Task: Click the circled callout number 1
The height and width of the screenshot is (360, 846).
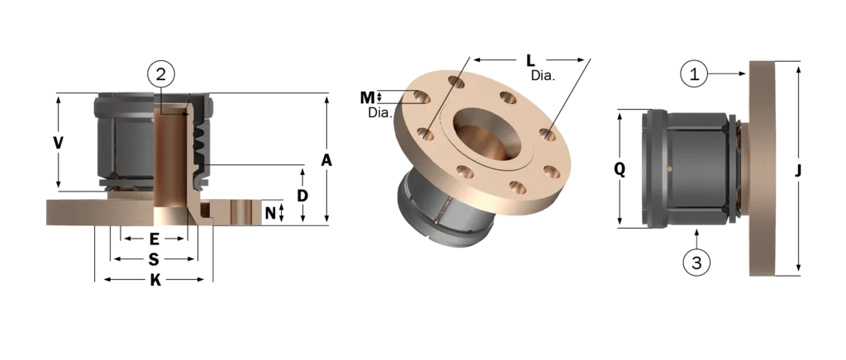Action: click(x=694, y=73)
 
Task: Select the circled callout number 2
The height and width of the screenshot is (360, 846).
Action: click(x=161, y=74)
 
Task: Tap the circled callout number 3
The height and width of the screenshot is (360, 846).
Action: click(x=696, y=263)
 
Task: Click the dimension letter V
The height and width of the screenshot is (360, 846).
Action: click(x=59, y=143)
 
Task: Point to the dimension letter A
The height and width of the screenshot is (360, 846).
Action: click(x=326, y=161)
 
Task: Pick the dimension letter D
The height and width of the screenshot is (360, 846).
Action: click(x=302, y=196)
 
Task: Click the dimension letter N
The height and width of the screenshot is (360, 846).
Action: click(x=271, y=214)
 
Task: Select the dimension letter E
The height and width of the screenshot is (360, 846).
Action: click(x=154, y=239)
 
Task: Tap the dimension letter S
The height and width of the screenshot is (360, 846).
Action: click(x=154, y=260)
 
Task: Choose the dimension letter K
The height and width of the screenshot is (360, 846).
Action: click(x=155, y=280)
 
